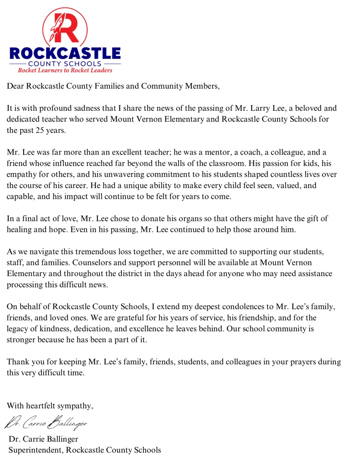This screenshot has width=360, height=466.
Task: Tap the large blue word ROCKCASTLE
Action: (x=65, y=53)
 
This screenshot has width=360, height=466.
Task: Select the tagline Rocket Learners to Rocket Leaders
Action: (x=65, y=70)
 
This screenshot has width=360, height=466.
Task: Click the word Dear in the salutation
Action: (x=15, y=87)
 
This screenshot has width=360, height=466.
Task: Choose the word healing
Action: (x=19, y=230)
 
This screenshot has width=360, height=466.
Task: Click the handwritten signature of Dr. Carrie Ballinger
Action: (x=47, y=422)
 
